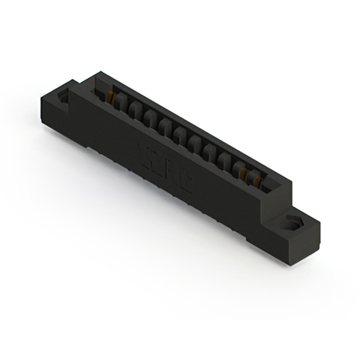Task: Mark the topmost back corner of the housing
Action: (x=100, y=71)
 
